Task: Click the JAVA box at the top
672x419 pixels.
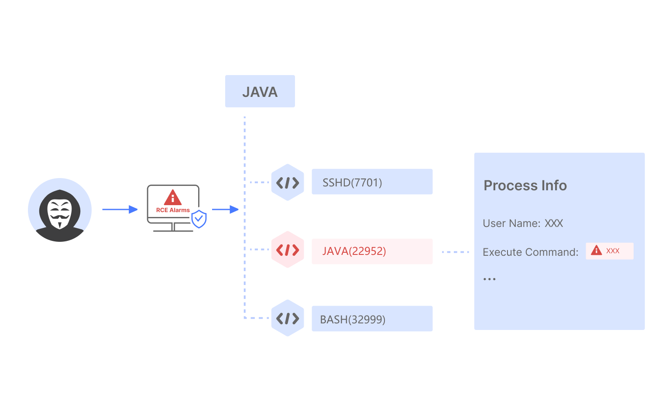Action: click(x=260, y=91)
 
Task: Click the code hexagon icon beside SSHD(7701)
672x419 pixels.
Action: click(x=288, y=182)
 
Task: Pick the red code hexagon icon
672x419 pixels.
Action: click(x=288, y=250)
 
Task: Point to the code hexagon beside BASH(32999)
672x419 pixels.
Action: click(x=288, y=318)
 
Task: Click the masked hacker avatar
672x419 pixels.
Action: click(x=60, y=210)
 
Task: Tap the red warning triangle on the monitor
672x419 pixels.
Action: click(x=173, y=198)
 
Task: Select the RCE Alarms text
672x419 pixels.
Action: click(x=173, y=210)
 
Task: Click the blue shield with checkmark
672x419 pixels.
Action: click(x=199, y=219)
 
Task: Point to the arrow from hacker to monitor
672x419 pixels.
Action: click(x=120, y=209)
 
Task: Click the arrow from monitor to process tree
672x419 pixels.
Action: click(x=225, y=209)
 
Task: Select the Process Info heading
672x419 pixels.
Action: click(x=525, y=185)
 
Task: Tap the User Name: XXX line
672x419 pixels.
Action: click(x=523, y=223)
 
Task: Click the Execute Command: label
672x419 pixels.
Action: click(x=530, y=252)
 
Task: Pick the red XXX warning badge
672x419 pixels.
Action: click(x=609, y=251)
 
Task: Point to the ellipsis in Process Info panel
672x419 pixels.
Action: click(x=489, y=279)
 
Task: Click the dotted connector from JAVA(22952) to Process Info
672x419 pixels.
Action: click(x=455, y=252)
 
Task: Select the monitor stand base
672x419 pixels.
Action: click(x=173, y=230)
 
